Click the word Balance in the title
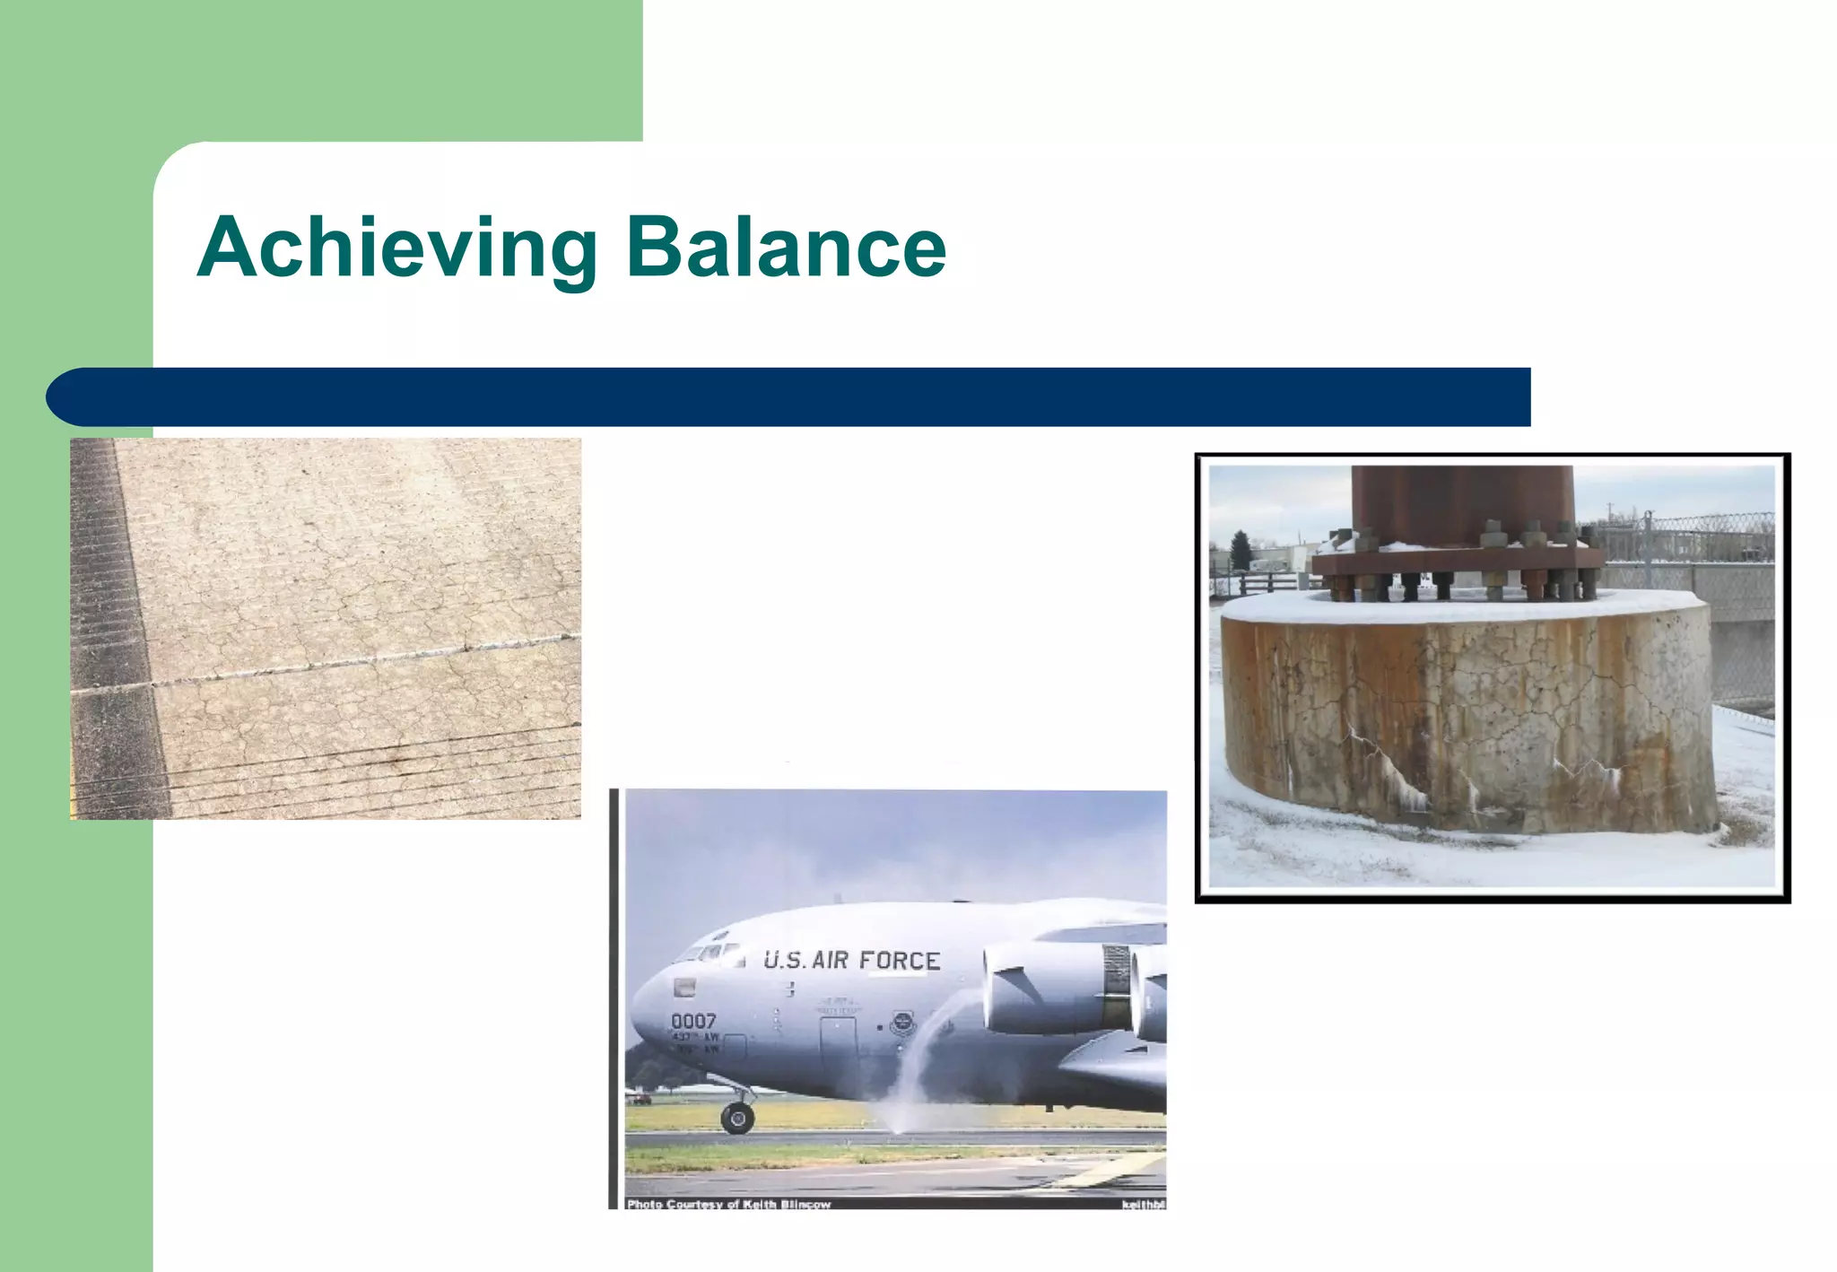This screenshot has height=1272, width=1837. (786, 248)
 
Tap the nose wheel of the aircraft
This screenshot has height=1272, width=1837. (737, 1117)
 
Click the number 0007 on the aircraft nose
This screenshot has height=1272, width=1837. (693, 1021)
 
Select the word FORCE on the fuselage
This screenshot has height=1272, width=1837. (899, 961)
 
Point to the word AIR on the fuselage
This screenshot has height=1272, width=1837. (830, 961)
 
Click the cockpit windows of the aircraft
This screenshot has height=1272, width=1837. (709, 951)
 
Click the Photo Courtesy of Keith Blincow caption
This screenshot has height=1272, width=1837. (728, 1204)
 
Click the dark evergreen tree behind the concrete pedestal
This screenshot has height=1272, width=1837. (1241, 549)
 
